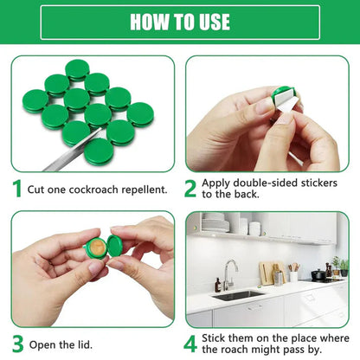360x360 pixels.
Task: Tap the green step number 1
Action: (x=16, y=189)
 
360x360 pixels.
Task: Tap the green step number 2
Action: (x=191, y=189)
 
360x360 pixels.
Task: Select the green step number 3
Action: (x=16, y=343)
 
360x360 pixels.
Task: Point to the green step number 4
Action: (x=191, y=343)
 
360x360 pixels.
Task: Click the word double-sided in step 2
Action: (x=260, y=183)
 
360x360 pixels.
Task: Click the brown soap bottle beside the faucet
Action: (x=217, y=284)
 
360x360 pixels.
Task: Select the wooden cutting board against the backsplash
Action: (x=268, y=273)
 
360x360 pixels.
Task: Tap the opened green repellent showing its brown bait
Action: (x=99, y=248)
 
